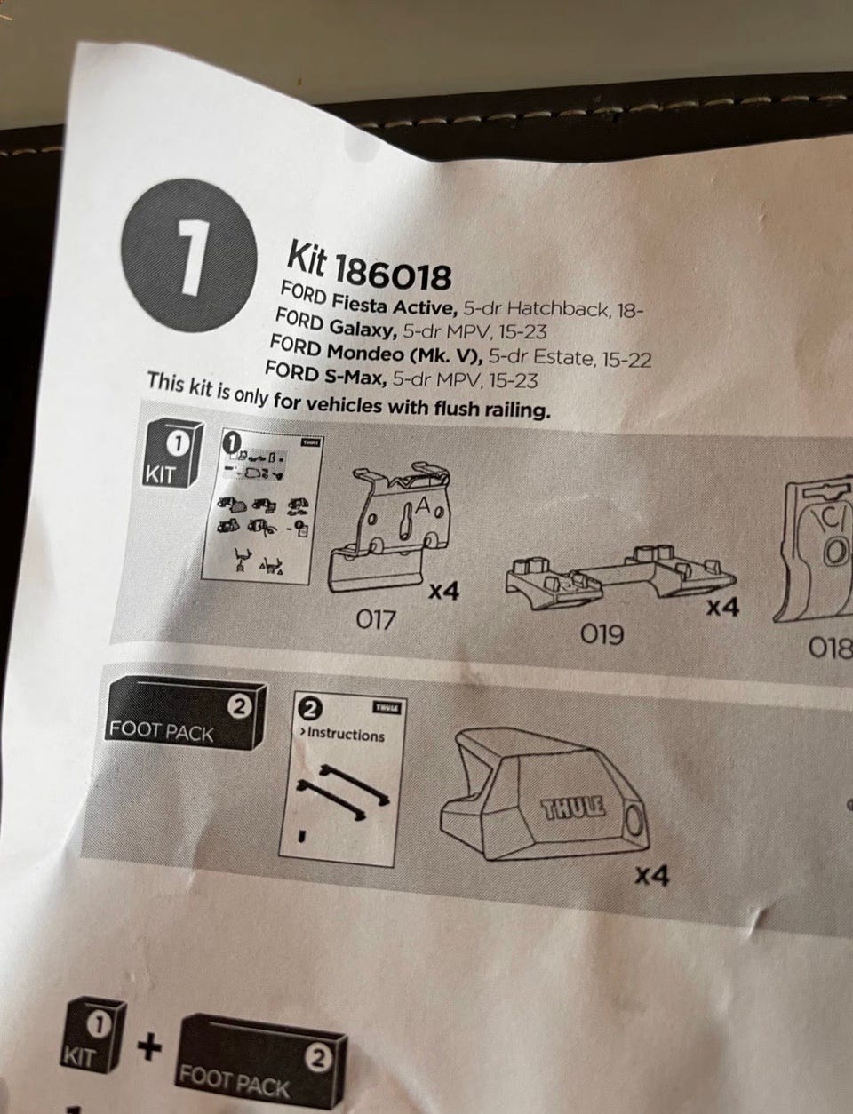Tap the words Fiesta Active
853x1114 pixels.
coord(394,304)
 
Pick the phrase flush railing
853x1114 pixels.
coord(491,409)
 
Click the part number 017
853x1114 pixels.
coord(376,619)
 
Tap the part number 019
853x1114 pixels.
coord(602,634)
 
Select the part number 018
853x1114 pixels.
coord(831,649)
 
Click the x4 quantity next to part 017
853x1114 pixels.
coord(444,592)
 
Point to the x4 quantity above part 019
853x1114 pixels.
coord(722,608)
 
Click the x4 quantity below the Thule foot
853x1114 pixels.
coord(652,876)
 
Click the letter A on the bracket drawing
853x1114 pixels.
coord(424,508)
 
